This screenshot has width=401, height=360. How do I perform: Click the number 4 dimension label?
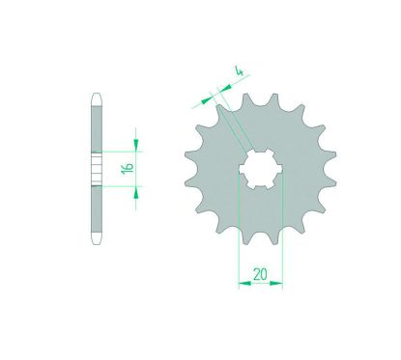[239, 71]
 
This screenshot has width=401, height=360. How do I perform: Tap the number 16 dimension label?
[128, 169]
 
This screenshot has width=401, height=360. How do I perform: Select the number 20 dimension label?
[260, 274]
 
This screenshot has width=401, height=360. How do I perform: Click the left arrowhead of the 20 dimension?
[244, 284]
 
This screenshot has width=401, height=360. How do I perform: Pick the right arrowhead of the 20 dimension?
[276, 284]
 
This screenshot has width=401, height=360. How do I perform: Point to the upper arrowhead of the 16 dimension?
[136, 145]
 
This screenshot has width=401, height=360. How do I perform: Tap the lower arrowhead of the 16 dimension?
[136, 192]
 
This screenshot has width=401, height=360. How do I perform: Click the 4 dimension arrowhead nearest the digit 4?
[225, 88]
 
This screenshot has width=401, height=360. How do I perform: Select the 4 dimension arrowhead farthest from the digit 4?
[206, 100]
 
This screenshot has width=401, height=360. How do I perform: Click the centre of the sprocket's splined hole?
[260, 169]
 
